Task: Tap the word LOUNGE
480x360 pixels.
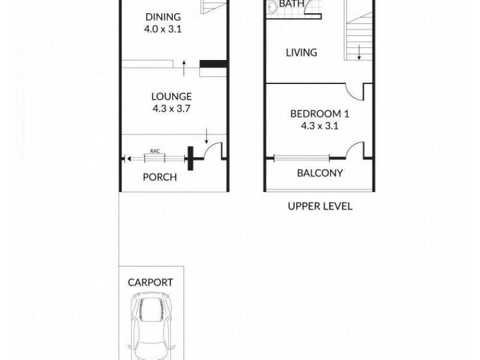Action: [172, 96]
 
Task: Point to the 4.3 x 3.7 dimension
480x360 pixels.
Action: [172, 109]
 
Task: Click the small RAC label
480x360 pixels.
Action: [154, 152]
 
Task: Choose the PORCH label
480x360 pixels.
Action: [160, 177]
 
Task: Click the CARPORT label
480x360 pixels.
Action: [151, 282]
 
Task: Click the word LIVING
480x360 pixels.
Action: [301, 53]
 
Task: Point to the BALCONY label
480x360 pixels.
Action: [320, 173]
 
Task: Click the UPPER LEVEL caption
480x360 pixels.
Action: [320, 206]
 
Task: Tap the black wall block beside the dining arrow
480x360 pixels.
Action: [212, 64]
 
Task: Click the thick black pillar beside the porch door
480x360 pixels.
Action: [191, 158]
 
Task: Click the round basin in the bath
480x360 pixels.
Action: [271, 7]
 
